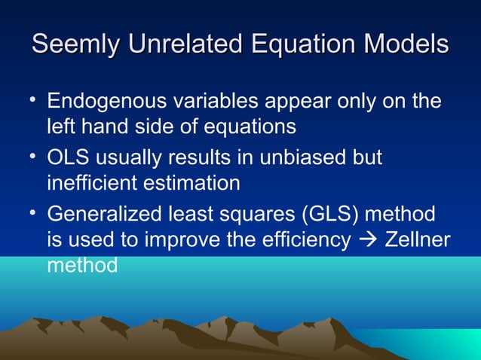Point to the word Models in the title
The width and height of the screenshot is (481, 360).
click(407, 44)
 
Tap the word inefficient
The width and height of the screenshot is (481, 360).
click(93, 183)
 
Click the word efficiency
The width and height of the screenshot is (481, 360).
click(308, 241)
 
